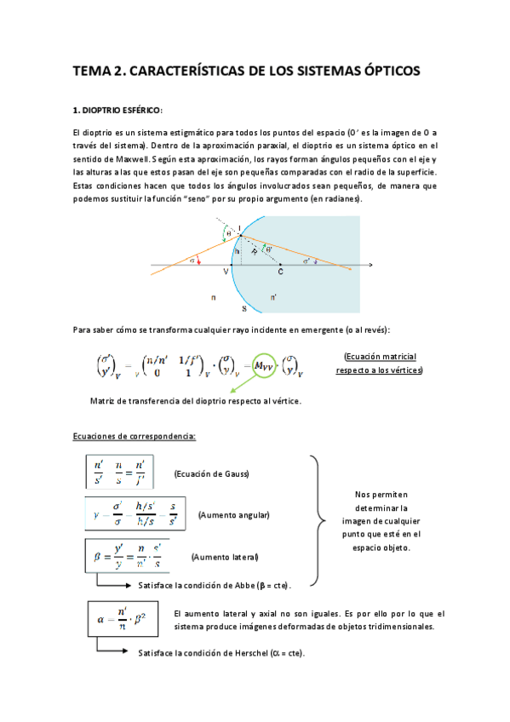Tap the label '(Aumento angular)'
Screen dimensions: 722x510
pyautogui.click(x=233, y=515)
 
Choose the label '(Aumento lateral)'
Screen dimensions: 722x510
pyautogui.click(x=225, y=557)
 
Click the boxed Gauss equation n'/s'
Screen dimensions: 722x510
pyautogui.click(x=119, y=473)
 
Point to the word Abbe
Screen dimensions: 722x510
pyautogui.click(x=255, y=585)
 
